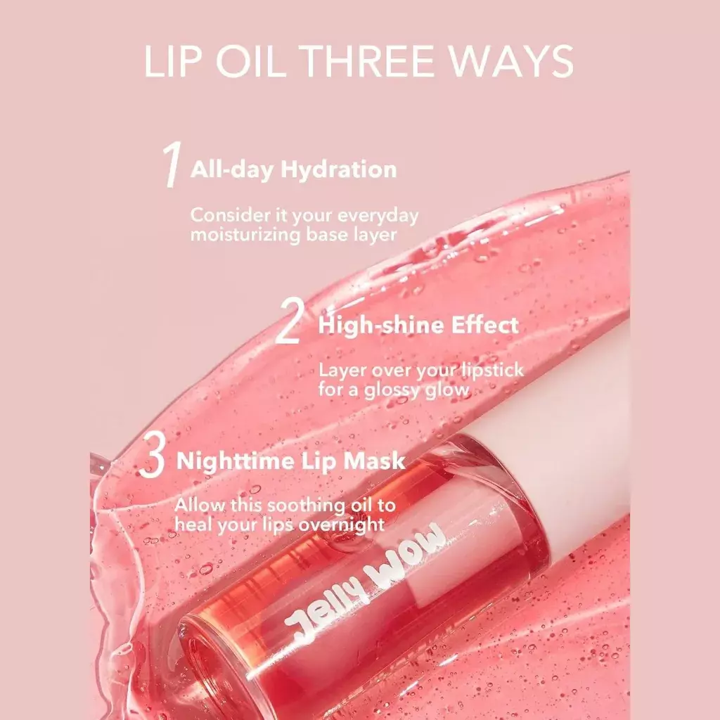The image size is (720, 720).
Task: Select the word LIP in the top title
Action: [x=169, y=62]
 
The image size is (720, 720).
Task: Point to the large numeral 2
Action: [x=290, y=322]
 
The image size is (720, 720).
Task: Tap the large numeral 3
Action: [x=152, y=458]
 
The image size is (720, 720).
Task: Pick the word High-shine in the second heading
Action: [x=371, y=325]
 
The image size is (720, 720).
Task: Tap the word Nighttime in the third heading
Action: [x=233, y=461]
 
